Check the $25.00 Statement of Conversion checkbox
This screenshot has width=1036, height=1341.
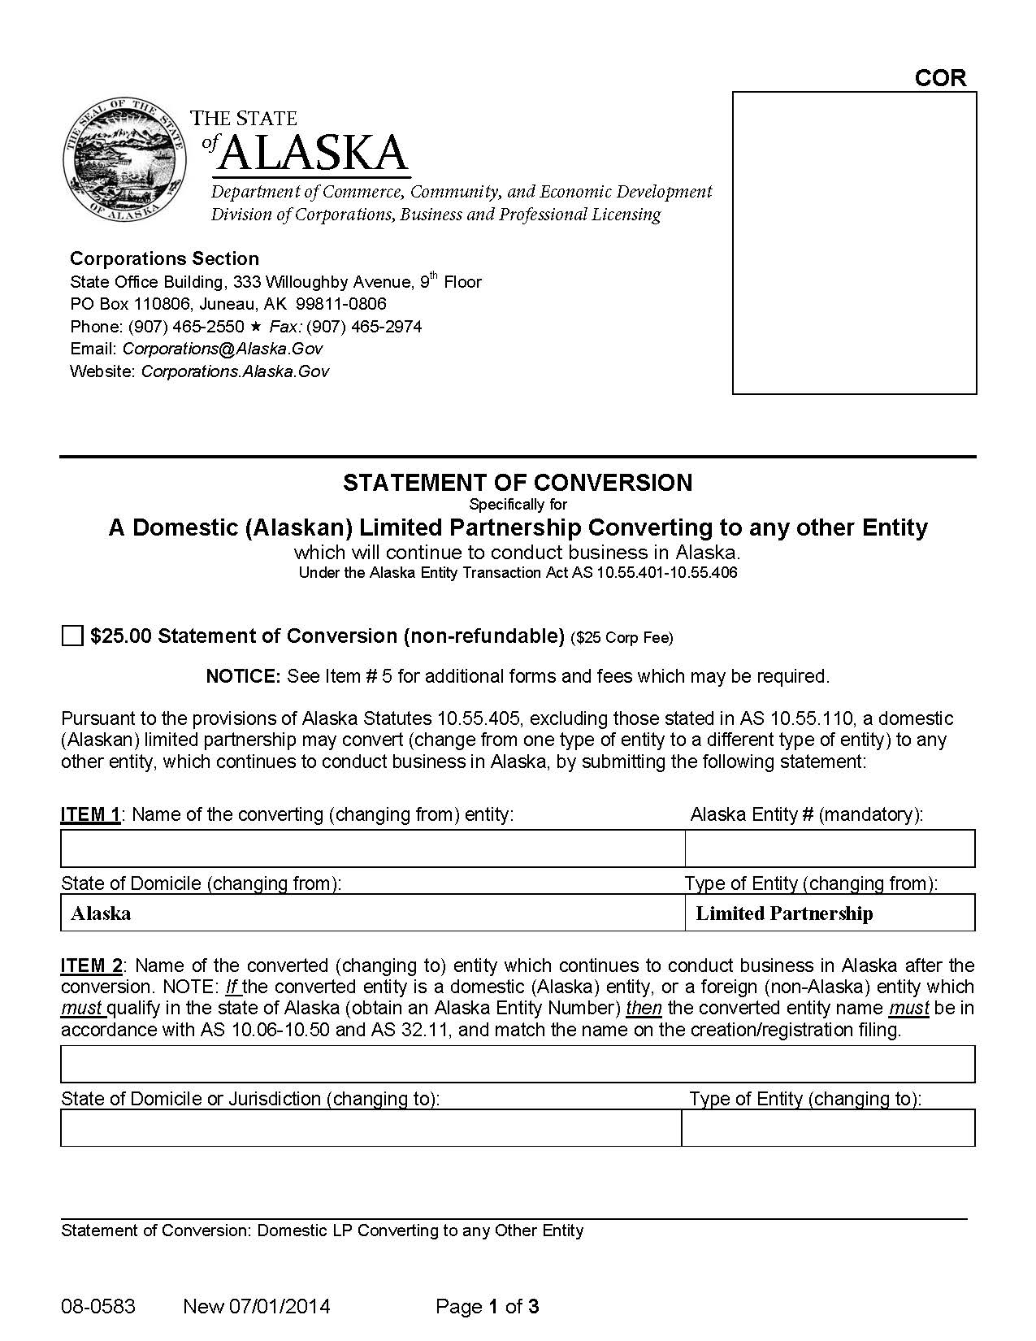pyautogui.click(x=72, y=636)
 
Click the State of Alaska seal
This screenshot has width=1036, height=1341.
pyautogui.click(x=124, y=159)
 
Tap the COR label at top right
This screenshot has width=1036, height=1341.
pyautogui.click(x=940, y=78)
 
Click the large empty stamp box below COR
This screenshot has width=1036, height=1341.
pyautogui.click(x=854, y=243)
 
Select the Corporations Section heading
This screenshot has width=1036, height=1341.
pyautogui.click(x=164, y=258)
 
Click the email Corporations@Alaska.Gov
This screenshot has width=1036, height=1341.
pyautogui.click(x=223, y=349)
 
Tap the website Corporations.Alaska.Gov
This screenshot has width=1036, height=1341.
pyautogui.click(x=235, y=371)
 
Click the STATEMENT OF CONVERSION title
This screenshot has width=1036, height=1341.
pyautogui.click(x=518, y=483)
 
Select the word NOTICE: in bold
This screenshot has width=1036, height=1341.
pyautogui.click(x=243, y=676)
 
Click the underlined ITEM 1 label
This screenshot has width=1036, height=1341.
pyautogui.click(x=90, y=814)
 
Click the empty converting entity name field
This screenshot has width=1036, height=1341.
pyautogui.click(x=372, y=849)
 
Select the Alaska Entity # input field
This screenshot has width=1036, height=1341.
pyautogui.click(x=830, y=849)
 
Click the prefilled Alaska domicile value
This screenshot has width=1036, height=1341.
pyautogui.click(x=102, y=914)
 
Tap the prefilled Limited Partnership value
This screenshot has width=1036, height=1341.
pyautogui.click(x=784, y=914)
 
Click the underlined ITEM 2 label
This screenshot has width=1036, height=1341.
pyautogui.click(x=92, y=966)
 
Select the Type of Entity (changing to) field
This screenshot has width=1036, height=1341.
pyautogui.click(x=827, y=1128)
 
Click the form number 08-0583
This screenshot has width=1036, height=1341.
pyautogui.click(x=98, y=1307)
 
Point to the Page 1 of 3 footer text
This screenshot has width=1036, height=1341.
pyautogui.click(x=488, y=1307)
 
